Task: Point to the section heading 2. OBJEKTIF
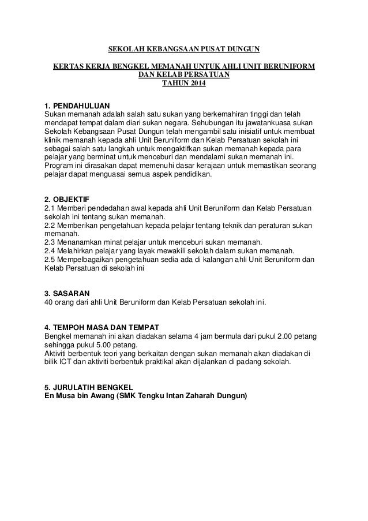pos(66,200)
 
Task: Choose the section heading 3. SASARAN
pos(67,293)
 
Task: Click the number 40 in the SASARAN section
pos(50,302)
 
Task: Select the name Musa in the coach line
pos(68,396)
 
